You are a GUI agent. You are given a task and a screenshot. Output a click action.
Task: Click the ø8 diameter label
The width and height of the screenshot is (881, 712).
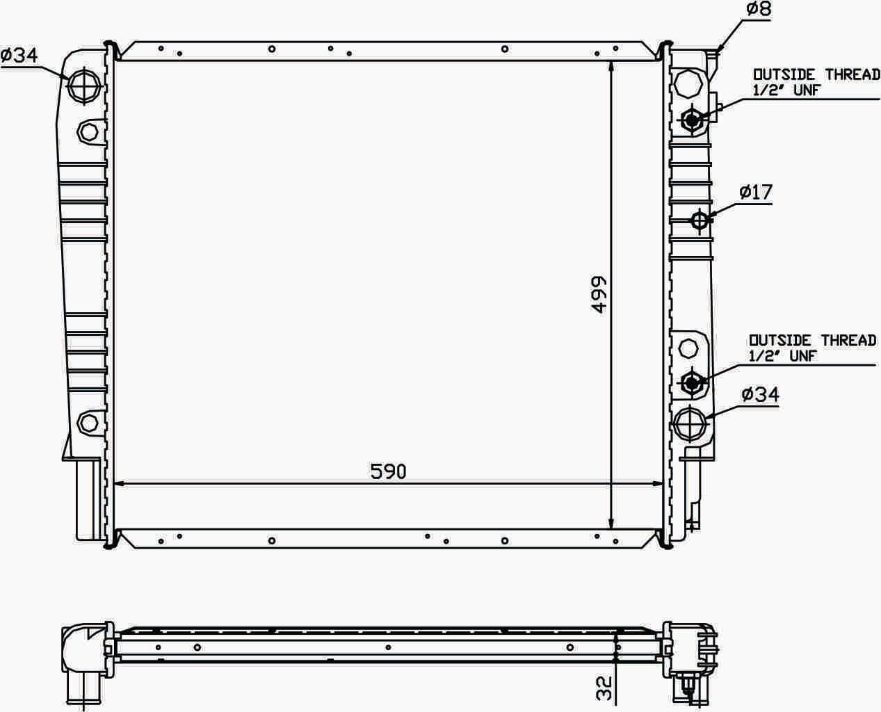[x=759, y=9]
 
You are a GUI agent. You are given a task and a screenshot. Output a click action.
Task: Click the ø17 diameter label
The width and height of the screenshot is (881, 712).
[x=756, y=193]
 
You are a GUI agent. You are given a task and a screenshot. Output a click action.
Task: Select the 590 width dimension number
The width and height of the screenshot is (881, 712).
[x=389, y=472]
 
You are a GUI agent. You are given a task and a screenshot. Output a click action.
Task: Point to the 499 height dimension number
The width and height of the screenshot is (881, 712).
[x=599, y=295]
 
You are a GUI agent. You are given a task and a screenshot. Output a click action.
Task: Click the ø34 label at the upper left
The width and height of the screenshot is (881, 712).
[x=19, y=56]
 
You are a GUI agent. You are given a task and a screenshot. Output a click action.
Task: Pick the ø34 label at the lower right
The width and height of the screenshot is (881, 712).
[x=760, y=394]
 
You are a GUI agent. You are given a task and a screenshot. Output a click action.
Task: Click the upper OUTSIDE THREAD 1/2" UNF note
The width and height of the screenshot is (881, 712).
[x=816, y=82]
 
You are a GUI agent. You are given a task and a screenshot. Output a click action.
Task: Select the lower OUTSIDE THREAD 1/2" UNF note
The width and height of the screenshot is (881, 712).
[x=812, y=348]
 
